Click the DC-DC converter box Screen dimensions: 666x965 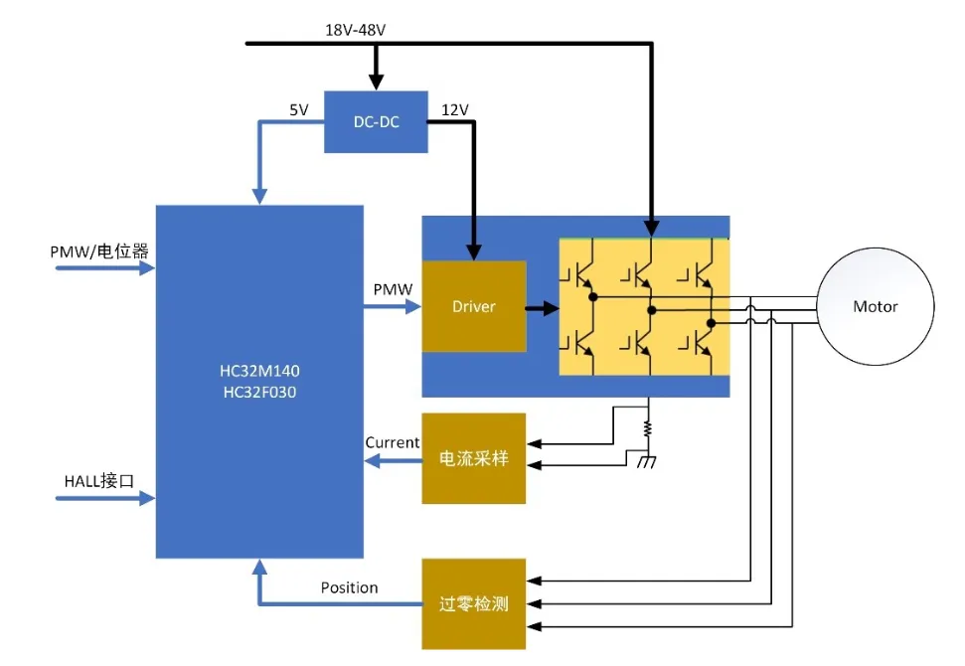coord(376,125)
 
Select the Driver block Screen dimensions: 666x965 coord(474,306)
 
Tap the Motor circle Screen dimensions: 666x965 coord(875,306)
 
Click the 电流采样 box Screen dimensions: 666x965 coord(474,458)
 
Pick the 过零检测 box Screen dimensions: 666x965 coord(474,603)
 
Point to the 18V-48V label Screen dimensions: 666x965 coord(355,30)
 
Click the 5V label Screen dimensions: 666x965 coord(299,110)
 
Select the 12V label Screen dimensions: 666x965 coord(454,110)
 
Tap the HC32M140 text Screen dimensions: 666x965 coord(258,372)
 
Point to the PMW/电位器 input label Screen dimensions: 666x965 coord(99,251)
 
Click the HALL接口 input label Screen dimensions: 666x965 coord(98,480)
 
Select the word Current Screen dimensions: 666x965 coord(392,442)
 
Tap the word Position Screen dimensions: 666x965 coord(349,587)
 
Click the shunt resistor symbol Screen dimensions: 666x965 coord(649,429)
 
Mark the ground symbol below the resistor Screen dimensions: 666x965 coord(649,462)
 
